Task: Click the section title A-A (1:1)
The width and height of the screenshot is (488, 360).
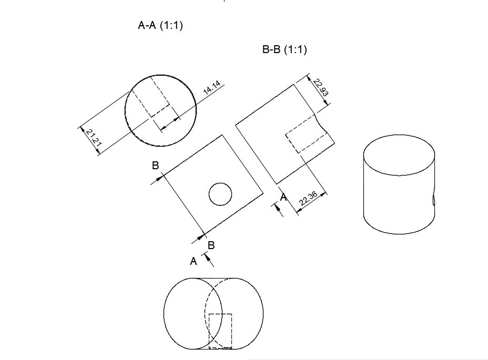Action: coord(160,25)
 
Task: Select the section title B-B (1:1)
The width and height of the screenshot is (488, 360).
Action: coord(284,50)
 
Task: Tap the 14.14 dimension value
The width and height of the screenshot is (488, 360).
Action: coord(212,88)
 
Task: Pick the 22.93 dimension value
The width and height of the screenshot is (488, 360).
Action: coord(320,87)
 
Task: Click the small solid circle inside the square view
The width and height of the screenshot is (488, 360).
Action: coord(220,194)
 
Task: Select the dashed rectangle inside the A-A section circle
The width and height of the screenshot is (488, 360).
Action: coord(151,96)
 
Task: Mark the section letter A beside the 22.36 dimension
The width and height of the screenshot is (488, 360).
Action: coord(283,198)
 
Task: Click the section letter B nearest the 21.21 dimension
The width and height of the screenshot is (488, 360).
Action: coord(155,166)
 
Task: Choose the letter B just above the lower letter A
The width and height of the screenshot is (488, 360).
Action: coord(211,245)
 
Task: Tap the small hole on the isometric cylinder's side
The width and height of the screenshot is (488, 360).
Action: coord(433,200)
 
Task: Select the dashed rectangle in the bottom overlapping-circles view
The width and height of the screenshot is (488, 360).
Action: coord(220,331)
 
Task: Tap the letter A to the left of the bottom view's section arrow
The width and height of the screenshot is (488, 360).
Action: coord(194,261)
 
